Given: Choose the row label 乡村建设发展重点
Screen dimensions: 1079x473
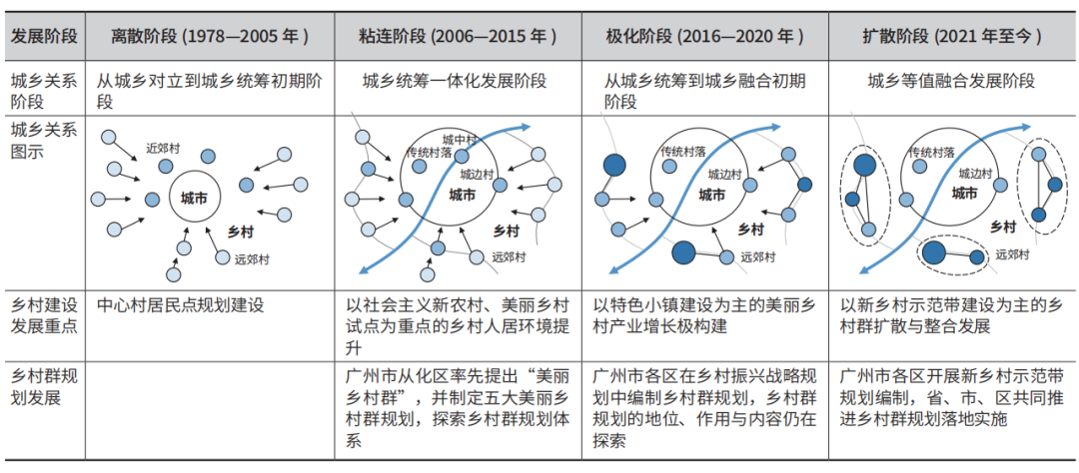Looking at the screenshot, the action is tap(43, 315).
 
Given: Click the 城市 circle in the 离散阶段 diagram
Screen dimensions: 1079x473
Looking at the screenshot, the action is tap(194, 198).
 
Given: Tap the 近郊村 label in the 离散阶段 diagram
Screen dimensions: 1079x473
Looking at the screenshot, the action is tap(162, 147).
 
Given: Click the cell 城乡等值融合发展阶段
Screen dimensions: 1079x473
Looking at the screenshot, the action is tap(952, 82).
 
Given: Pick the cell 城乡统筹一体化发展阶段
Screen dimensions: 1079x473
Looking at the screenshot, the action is tap(455, 82).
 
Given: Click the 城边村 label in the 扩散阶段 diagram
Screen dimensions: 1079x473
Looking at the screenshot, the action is tap(975, 174).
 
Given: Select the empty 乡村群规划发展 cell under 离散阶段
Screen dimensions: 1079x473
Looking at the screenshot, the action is tap(210, 409).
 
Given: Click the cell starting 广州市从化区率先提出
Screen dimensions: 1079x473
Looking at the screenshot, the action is tap(458, 409).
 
